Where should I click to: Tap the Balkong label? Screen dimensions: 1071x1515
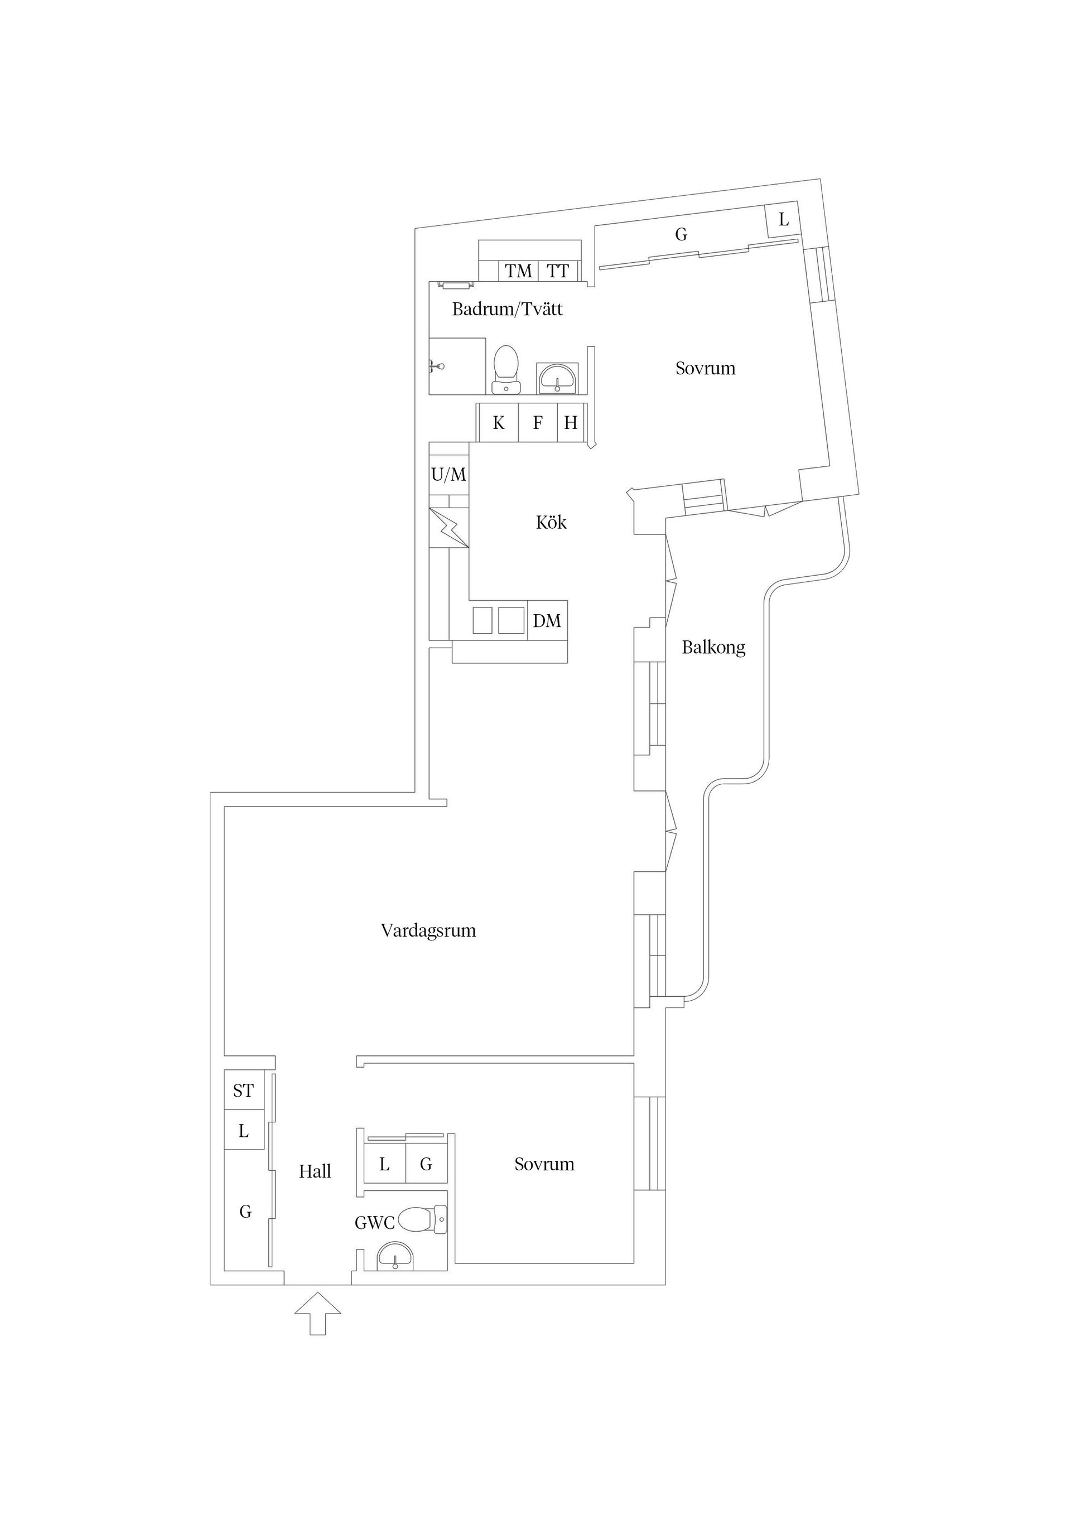713,648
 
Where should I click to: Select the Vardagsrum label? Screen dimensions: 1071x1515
428,931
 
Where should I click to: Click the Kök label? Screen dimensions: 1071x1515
551,523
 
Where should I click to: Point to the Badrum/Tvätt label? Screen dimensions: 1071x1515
507,309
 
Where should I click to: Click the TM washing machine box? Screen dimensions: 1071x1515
519,271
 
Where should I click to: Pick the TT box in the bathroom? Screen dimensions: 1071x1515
558,271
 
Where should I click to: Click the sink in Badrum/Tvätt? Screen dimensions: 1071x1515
558,378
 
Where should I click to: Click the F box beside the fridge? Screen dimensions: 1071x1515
538,422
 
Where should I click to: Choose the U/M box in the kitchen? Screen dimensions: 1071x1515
448,475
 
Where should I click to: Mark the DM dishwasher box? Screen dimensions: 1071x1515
547,621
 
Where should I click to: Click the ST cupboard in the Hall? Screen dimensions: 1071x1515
244,1091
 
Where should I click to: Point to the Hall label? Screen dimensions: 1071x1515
315,1172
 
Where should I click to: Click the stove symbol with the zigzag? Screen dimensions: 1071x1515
448,528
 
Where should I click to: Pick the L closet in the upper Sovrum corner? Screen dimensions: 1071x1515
783,220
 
